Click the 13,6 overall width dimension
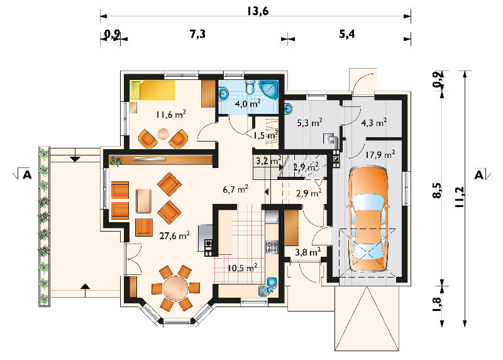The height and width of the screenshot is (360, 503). click(258, 11)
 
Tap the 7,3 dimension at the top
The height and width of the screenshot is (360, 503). click(197, 34)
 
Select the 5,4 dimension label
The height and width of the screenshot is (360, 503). click(347, 34)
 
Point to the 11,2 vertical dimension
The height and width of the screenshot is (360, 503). click(460, 196)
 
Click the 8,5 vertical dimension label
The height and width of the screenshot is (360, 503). click(437, 191)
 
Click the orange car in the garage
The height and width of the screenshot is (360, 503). click(368, 219)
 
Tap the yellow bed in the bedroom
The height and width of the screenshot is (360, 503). click(153, 90)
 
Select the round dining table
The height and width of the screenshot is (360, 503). click(175, 288)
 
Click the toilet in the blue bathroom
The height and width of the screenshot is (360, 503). click(250, 86)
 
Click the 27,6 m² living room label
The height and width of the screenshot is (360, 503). click(174, 236)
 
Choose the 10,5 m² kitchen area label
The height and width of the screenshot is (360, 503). click(242, 267)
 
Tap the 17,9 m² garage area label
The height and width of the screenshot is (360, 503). click(380, 155)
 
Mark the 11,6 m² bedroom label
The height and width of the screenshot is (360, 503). click(170, 114)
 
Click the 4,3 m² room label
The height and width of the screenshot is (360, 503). click(373, 122)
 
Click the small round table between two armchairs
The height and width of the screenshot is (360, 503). click(163, 133)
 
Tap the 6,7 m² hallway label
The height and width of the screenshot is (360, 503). click(235, 189)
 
